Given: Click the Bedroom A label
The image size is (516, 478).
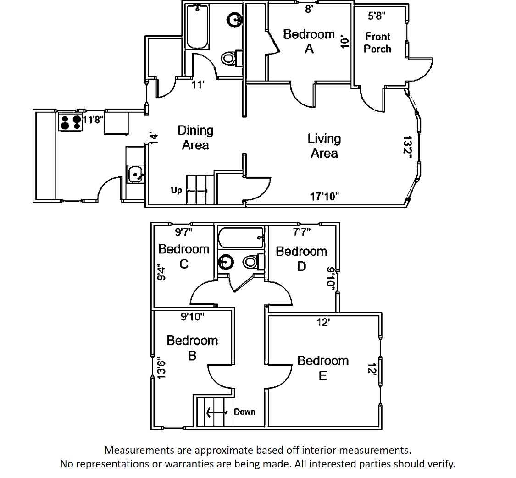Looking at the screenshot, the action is click(x=309, y=41).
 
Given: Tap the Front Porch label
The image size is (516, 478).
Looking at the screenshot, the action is click(x=377, y=43).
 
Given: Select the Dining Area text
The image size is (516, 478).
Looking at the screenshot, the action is click(x=195, y=138).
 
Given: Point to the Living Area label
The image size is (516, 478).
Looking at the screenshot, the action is click(x=324, y=146).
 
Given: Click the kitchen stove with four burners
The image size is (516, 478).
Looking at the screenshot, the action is click(x=71, y=121).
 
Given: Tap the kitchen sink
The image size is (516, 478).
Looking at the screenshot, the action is click(x=135, y=174).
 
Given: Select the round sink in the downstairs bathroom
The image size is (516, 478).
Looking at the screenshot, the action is click(x=235, y=20).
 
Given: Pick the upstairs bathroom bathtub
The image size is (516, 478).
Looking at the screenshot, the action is click(x=241, y=238).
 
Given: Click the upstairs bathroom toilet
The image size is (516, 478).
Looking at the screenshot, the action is click(x=254, y=262).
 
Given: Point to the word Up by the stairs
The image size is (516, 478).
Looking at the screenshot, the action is click(x=177, y=190).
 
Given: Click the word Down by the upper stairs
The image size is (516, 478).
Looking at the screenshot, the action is click(x=244, y=412).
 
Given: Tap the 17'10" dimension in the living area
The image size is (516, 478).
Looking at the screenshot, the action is click(x=324, y=197).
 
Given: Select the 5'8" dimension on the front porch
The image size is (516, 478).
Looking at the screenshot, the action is click(x=377, y=16).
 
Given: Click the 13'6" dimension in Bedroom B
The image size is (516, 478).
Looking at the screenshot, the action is click(x=161, y=368).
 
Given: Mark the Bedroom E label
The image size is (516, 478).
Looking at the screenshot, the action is click(x=323, y=368).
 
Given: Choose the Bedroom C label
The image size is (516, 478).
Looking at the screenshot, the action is click(x=183, y=257).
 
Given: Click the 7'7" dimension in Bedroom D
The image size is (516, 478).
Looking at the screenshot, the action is click(x=302, y=233).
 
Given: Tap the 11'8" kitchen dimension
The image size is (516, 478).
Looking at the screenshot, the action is click(x=93, y=119).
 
